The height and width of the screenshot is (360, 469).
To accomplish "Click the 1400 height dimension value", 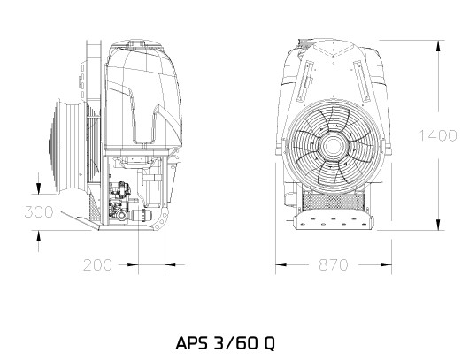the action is tap(438, 135).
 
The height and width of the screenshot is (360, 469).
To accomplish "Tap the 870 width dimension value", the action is tap(334, 264).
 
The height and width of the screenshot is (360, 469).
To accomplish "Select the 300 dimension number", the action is tap(39, 211).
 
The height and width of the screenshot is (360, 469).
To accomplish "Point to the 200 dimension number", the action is tap(98, 265).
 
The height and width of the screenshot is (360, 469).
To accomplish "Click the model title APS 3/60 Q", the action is tap(225, 343).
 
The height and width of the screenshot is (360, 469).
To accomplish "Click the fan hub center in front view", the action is tap(333, 147).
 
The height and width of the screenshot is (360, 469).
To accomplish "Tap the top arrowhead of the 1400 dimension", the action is tap(438, 46).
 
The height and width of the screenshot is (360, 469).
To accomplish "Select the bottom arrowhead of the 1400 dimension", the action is tap(438, 225).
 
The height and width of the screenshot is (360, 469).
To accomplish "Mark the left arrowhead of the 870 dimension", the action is tap(281, 264).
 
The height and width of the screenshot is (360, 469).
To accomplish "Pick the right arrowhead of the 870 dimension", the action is tap(386, 264).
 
